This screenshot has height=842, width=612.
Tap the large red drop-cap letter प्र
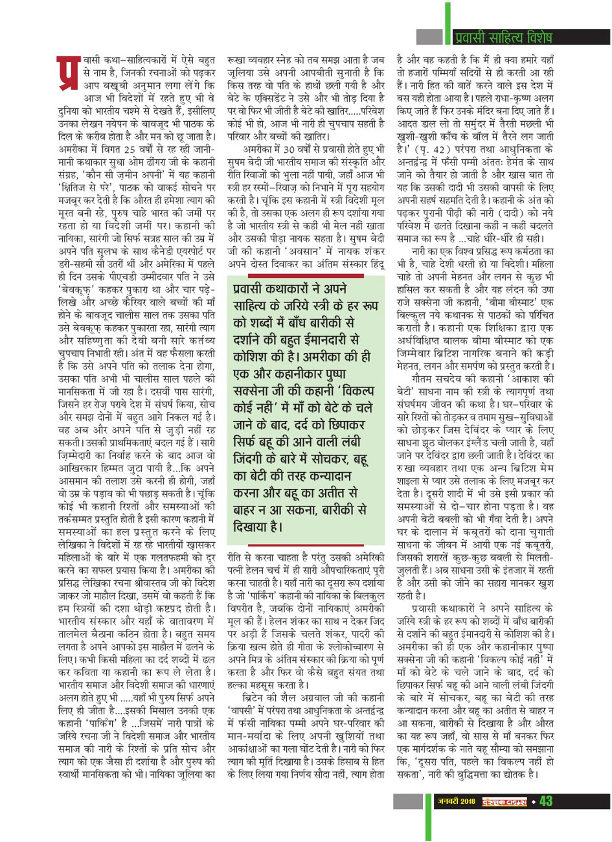point(67,74)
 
